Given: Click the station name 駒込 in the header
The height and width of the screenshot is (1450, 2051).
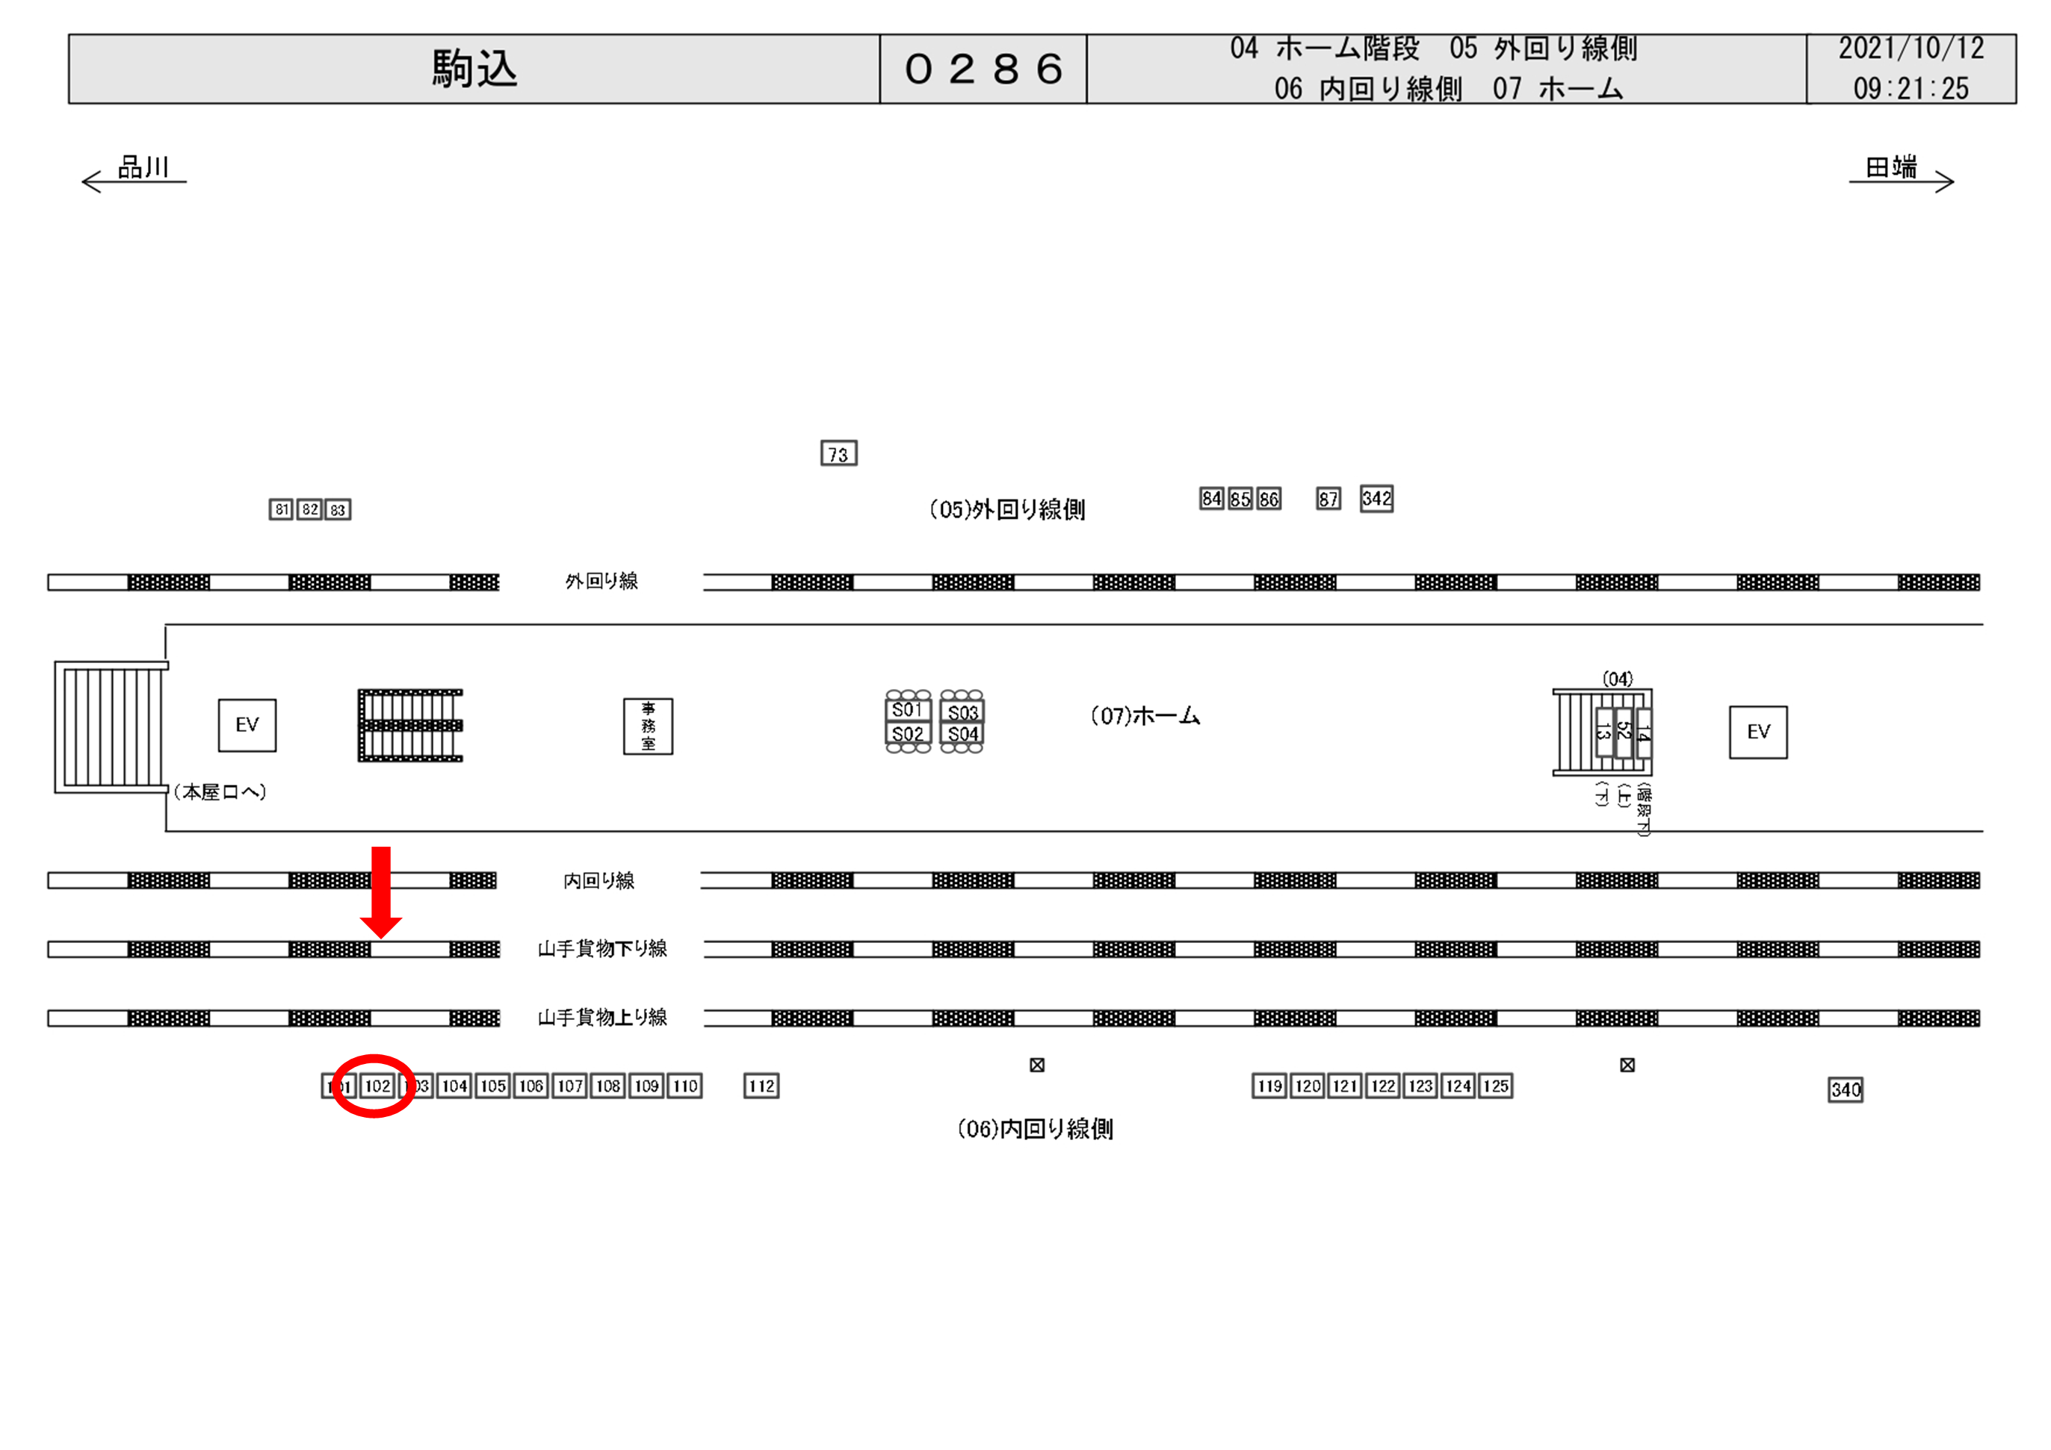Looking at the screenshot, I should (474, 69).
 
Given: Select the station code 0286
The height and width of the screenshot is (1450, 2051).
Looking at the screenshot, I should (983, 69).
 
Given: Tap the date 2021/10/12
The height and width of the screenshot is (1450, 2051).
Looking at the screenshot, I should (1911, 49).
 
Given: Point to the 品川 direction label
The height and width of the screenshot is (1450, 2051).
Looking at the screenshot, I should (143, 167).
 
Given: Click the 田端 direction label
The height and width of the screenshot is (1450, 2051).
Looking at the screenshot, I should (1891, 167).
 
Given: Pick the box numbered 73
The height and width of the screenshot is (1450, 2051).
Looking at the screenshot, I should (838, 453).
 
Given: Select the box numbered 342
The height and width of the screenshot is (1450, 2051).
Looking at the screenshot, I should (1376, 499).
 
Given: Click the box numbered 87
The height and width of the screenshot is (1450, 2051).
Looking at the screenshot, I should (1328, 499).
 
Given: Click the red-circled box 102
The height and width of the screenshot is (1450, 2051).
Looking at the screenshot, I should (377, 1086).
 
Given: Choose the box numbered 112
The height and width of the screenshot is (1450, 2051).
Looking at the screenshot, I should (761, 1086).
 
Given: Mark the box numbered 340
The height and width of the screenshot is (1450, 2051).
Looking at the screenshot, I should (1845, 1089).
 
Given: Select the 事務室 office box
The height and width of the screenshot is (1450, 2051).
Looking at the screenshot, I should (648, 726).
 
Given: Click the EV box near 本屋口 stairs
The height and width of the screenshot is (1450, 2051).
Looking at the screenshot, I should (247, 725).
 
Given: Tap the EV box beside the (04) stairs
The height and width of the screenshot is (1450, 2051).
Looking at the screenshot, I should (1757, 732).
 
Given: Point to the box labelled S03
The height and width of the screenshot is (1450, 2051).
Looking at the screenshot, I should (962, 712).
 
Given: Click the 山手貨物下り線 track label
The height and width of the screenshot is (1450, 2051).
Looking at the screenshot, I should (602, 948).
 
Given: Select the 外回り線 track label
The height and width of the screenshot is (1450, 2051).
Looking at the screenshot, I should (601, 581).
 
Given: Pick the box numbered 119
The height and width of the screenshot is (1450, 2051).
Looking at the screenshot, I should (1269, 1086).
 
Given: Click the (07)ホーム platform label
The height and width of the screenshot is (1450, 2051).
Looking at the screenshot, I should (1145, 716).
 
